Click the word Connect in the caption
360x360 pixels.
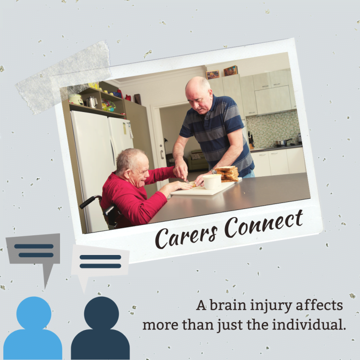tap(263, 225)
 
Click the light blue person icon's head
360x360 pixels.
tap(34, 313)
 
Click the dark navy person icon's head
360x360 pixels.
tap(101, 313)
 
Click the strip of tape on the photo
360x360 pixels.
tap(63, 77)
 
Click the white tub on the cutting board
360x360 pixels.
tap(212, 181)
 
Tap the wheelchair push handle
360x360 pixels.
tap(89, 202)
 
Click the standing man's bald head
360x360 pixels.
tap(198, 84)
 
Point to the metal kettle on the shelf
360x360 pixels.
tap(91, 102)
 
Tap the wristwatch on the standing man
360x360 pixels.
tap(214, 171)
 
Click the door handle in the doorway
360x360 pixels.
tap(162, 154)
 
